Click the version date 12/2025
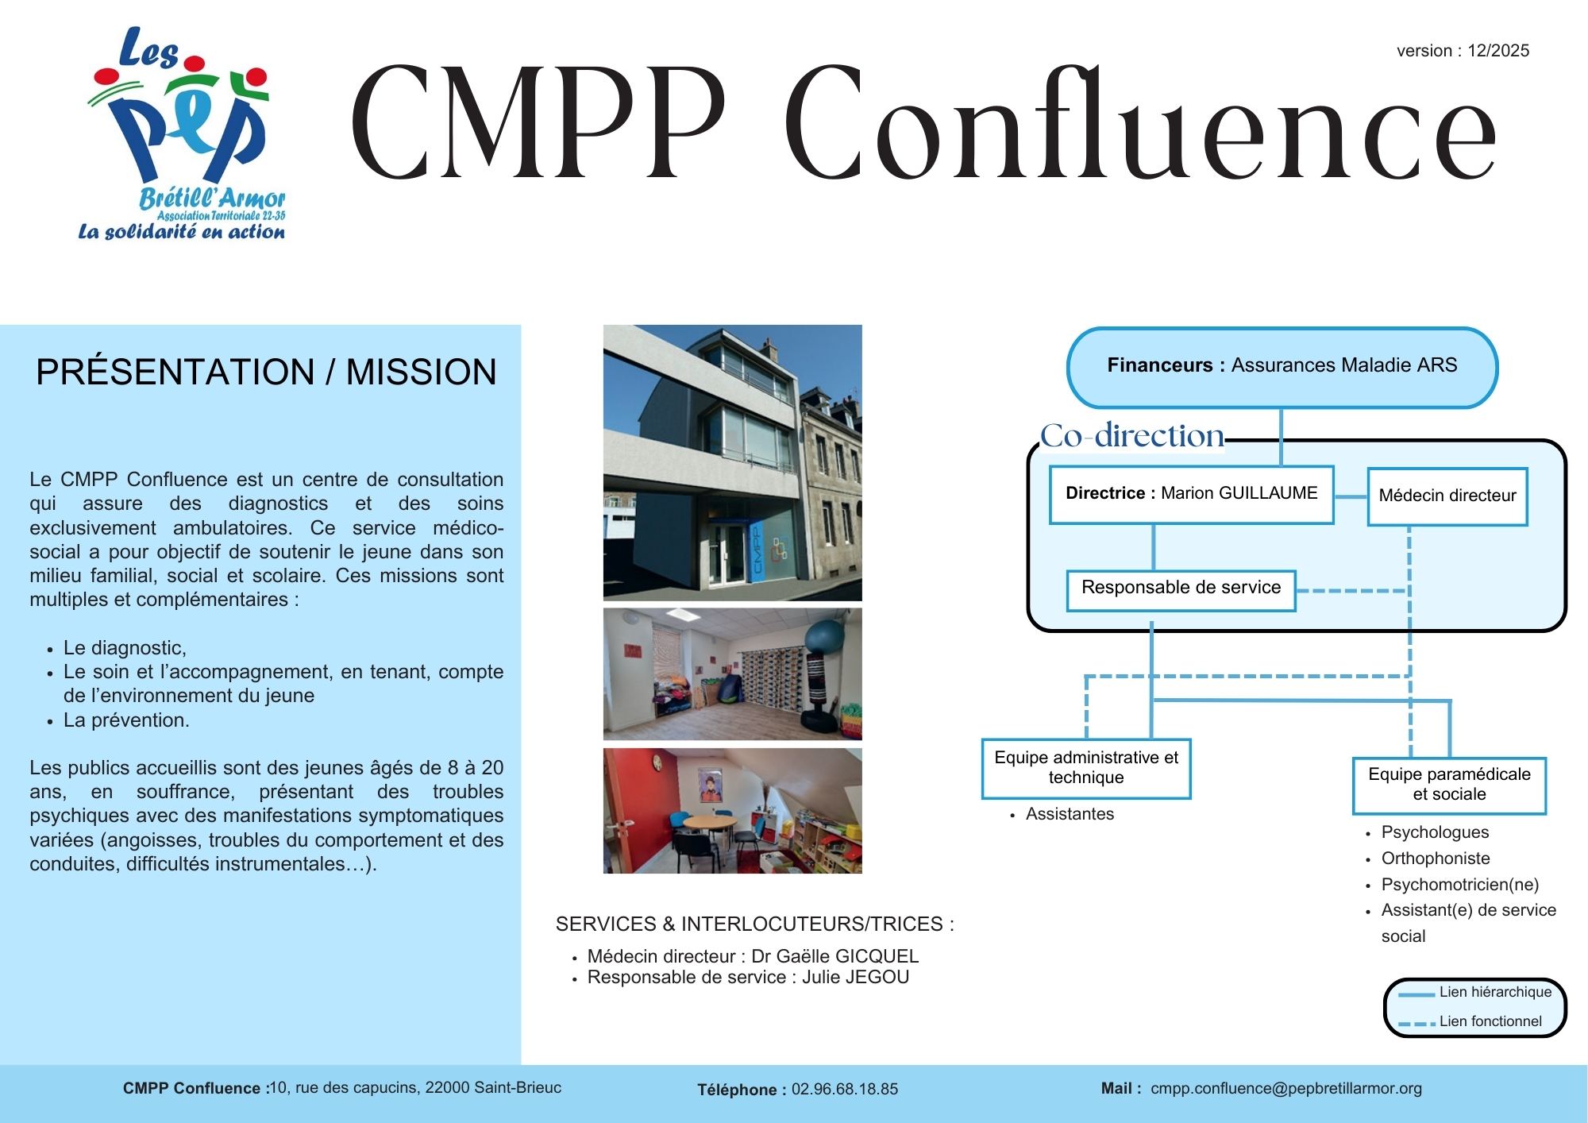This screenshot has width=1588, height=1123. [x=1498, y=51]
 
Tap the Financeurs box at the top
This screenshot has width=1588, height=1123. [x=1282, y=368]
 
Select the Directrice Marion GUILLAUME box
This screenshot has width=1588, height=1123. [x=1191, y=495]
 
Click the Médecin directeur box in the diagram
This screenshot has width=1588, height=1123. [x=1447, y=496]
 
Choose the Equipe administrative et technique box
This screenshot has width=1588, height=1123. [x=1086, y=768]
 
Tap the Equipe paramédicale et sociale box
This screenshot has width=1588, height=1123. [x=1449, y=785]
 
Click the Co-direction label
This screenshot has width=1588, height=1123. [x=1132, y=435]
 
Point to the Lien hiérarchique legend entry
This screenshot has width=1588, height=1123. [x=1474, y=992]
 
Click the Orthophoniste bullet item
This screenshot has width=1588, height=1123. [x=1436, y=859]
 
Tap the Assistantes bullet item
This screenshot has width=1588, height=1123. [x=1070, y=814]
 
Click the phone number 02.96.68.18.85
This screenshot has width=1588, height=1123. [x=845, y=1089]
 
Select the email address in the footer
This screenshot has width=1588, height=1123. [x=1286, y=1089]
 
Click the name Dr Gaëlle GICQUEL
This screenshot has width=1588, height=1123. [x=834, y=956]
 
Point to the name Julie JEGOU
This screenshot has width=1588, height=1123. [x=855, y=977]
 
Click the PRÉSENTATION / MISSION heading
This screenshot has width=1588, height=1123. [x=266, y=372]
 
